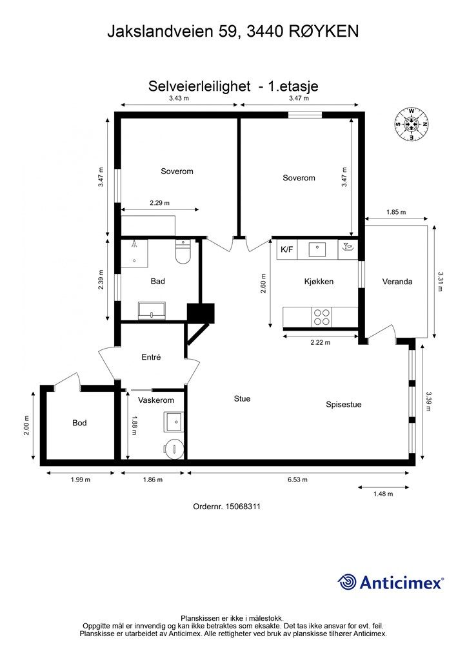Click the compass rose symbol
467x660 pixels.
(412, 124)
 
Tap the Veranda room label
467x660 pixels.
(397, 282)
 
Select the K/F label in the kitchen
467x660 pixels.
(287, 249)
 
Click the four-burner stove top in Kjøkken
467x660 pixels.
(322, 317)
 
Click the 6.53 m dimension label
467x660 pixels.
(297, 480)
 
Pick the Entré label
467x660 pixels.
(151, 357)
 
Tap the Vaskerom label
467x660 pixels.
(156, 400)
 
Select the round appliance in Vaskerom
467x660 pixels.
(174, 449)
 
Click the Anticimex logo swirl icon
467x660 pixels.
(347, 582)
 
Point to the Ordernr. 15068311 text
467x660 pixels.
(226, 507)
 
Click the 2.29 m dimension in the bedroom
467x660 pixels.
(159, 203)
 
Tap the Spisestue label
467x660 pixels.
(344, 405)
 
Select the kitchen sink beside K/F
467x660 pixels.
(317, 249)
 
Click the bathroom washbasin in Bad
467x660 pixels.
(152, 311)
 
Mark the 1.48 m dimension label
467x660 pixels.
(383, 494)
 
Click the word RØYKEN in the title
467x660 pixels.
(324, 32)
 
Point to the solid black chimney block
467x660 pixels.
(201, 313)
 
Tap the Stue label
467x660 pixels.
(242, 398)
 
